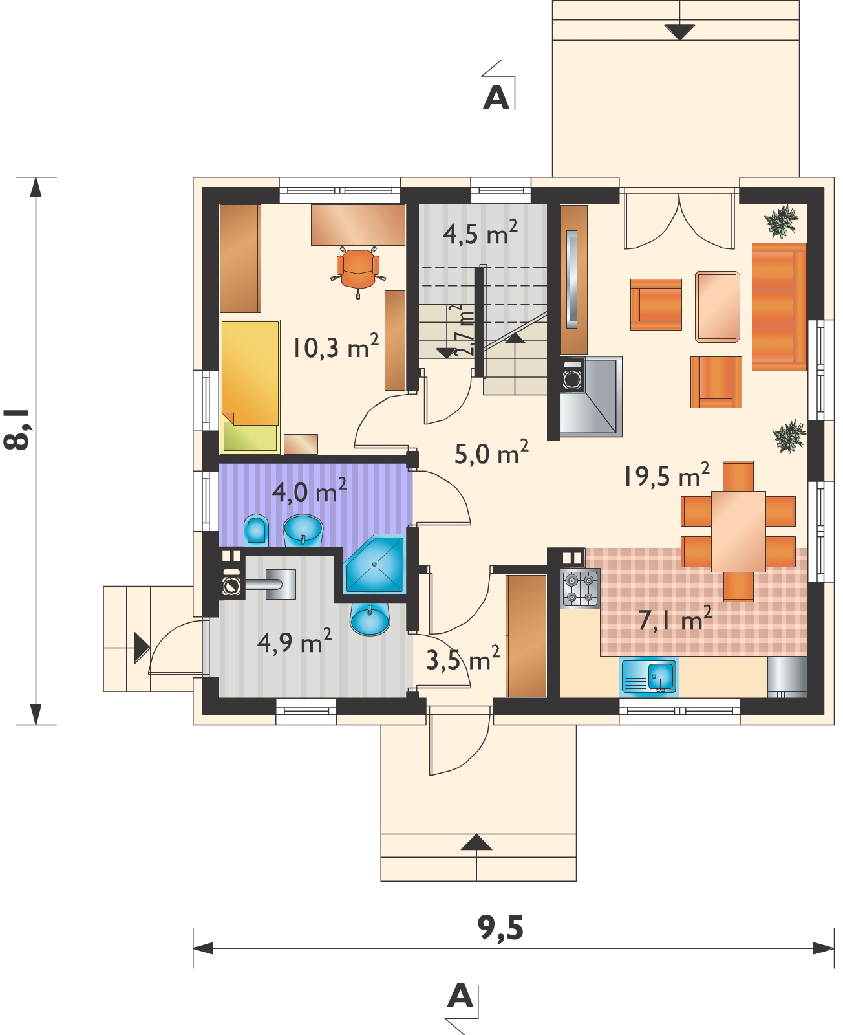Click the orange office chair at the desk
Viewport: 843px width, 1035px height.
(x=357, y=269)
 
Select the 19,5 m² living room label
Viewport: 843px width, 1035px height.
(x=667, y=477)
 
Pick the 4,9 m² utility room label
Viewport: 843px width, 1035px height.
(x=294, y=642)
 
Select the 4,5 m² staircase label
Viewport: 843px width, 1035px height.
(x=479, y=234)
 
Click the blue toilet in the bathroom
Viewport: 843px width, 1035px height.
(x=257, y=531)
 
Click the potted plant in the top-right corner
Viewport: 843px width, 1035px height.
(x=784, y=222)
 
